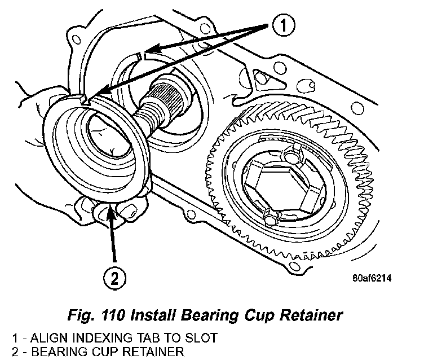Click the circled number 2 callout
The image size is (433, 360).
point(115,276)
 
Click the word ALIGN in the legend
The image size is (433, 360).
point(46,339)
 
